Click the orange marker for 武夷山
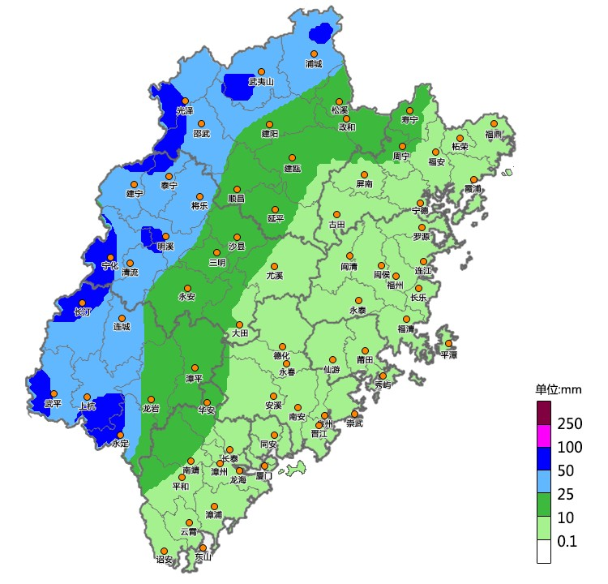coord(261,71)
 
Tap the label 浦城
coord(314,63)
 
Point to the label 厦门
coord(264,477)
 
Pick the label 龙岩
coord(151,410)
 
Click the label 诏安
coord(164,560)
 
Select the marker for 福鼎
coord(493,123)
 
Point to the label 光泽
coord(185,111)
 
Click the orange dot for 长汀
coord(82,303)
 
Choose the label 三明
coord(217,263)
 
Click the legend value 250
coord(572,423)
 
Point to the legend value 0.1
coord(568,541)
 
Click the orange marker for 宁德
coord(420,203)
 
